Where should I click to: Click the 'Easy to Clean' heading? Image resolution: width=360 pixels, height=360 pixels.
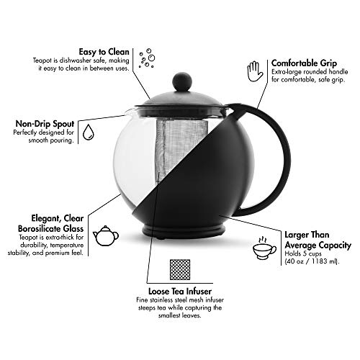(x=104, y=52)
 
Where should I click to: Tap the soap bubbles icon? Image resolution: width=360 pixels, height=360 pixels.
(x=147, y=58)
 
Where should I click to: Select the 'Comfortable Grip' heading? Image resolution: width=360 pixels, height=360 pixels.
(x=304, y=63)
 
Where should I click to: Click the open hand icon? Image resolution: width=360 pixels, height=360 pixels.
(x=255, y=71)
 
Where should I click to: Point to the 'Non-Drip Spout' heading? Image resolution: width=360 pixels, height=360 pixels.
(x=45, y=124)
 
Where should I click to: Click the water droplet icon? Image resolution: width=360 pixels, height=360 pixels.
(x=89, y=132)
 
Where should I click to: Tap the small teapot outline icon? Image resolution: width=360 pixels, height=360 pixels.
(x=106, y=235)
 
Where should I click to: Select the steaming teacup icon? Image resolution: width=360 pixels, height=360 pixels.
(x=264, y=248)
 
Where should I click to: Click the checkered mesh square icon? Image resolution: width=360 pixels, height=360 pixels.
(x=180, y=269)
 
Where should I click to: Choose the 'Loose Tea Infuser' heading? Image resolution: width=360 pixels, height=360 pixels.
(x=180, y=291)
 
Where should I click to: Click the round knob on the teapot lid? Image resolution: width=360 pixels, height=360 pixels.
(x=182, y=81)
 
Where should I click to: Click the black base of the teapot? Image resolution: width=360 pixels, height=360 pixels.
(x=184, y=232)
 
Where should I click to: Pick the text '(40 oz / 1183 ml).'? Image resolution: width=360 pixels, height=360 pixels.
(x=312, y=261)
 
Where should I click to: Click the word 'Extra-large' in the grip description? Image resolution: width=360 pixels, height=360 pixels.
(x=287, y=72)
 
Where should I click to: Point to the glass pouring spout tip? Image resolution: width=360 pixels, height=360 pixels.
(x=126, y=111)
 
